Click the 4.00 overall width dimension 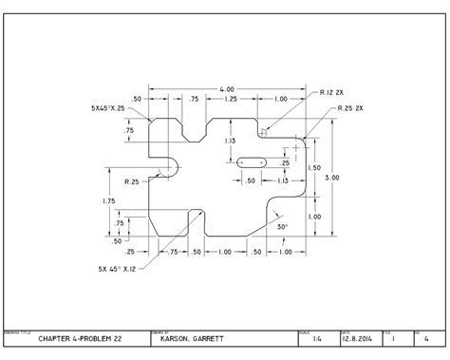pos(226,89)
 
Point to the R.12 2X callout pos(331,93)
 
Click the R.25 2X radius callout pos(353,110)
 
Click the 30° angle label pos(282,228)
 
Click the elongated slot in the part pos(252,162)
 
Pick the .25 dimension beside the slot pos(285,163)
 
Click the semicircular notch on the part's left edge pos(171,166)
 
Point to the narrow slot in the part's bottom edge pos(197,222)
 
